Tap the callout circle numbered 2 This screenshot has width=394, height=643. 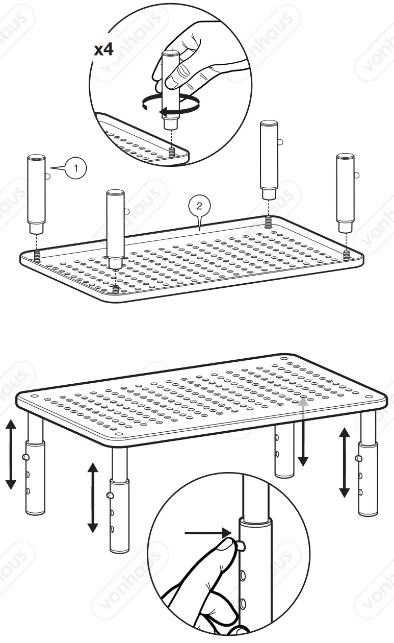[199, 206]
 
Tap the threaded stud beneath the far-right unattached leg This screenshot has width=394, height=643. [346, 254]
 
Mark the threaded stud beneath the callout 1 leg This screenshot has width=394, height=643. [37, 256]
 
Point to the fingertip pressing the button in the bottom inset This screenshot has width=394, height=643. [226, 546]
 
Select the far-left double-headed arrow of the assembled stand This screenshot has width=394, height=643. [11, 454]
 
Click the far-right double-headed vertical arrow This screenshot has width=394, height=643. [345, 462]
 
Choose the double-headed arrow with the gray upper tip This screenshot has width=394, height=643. [303, 431]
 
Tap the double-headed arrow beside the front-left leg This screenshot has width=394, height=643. [92, 497]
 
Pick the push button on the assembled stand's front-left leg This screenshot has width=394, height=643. [110, 495]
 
